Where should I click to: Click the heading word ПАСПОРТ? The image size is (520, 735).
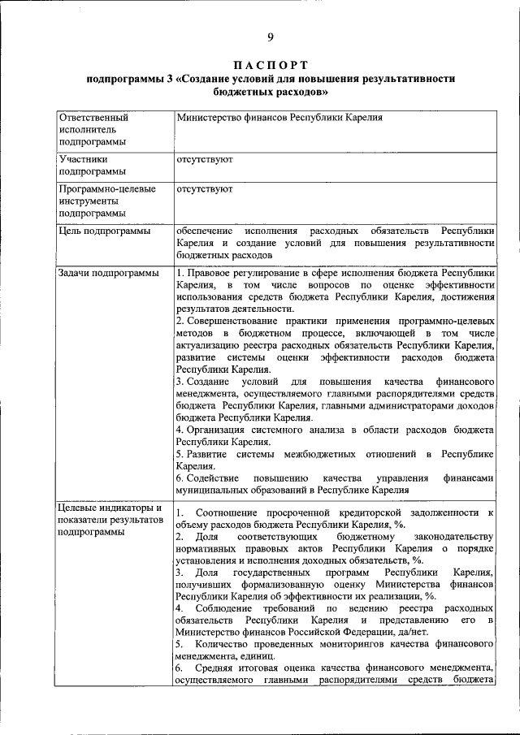(x=271, y=64)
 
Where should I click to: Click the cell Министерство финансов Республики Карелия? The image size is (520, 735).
(x=279, y=117)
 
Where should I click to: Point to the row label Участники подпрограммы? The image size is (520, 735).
(x=92, y=166)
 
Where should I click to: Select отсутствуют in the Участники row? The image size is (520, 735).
(x=205, y=160)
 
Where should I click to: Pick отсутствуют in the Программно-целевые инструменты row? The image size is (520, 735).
(x=205, y=189)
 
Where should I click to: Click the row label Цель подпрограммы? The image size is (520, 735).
(x=104, y=231)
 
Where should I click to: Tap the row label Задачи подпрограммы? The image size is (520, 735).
(x=109, y=274)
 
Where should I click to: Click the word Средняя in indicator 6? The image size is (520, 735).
(x=212, y=668)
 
